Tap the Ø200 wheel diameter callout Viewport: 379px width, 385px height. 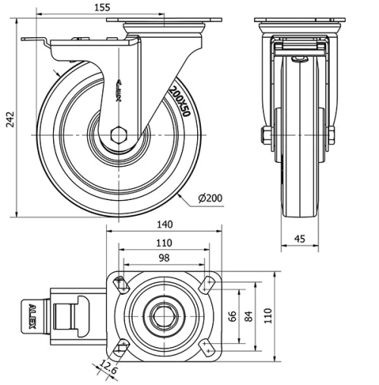tap(210, 199)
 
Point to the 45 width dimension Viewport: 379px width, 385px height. tap(300, 239)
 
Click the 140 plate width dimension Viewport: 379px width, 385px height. tap(166, 224)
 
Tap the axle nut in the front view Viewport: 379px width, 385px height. tap(265, 136)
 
